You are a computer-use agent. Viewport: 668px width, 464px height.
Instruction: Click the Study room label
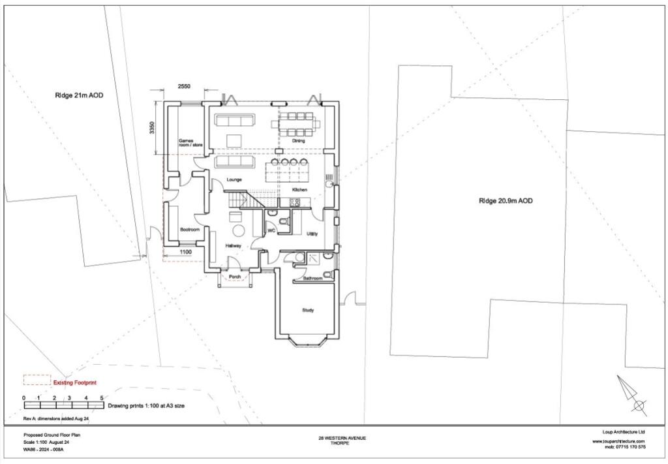308,310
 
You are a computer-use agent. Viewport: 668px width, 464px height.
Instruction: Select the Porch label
234,277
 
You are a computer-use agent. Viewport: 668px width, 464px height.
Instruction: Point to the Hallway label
234,246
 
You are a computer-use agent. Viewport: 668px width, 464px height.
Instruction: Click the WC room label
271,231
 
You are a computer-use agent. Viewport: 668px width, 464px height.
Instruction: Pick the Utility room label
312,234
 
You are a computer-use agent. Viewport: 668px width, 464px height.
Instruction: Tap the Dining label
298,141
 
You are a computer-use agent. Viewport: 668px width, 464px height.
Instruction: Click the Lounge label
234,179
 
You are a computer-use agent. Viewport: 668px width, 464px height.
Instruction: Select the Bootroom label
189,230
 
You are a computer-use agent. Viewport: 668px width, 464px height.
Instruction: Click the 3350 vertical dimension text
151,128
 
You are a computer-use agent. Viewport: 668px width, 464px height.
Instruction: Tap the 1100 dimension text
185,251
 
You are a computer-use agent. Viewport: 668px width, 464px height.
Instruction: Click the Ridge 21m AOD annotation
79,95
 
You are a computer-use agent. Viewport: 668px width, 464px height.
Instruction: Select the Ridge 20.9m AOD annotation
506,201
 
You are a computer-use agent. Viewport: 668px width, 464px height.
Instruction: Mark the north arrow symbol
631,394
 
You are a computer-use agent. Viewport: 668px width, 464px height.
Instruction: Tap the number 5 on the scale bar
102,397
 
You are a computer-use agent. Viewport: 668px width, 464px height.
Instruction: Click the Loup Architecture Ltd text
623,432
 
